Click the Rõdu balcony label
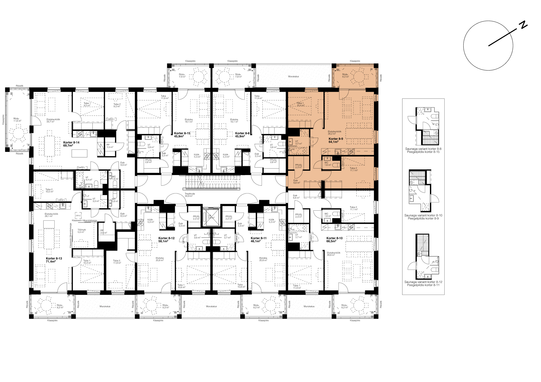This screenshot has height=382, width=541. (x=345, y=74)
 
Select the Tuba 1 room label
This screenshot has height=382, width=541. (x=300, y=103)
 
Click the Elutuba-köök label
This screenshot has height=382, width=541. (x=334, y=131)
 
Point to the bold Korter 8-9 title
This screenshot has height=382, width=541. (x=336, y=139)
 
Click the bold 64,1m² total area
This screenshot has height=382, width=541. (x=333, y=142)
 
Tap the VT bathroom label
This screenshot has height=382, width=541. (x=297, y=141)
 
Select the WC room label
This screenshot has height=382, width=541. (x=326, y=163)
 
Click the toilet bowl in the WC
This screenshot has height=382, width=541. (x=336, y=165)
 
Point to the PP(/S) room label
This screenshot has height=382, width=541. (x=298, y=165)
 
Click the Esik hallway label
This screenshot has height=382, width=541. (x=295, y=180)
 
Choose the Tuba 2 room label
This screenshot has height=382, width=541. (x=353, y=168)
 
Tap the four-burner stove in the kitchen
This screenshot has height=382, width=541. (x=351, y=152)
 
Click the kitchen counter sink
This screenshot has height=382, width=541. (x=338, y=152)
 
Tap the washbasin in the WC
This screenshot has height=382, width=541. (x=327, y=159)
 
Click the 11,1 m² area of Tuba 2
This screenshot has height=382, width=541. (x=353, y=171)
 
